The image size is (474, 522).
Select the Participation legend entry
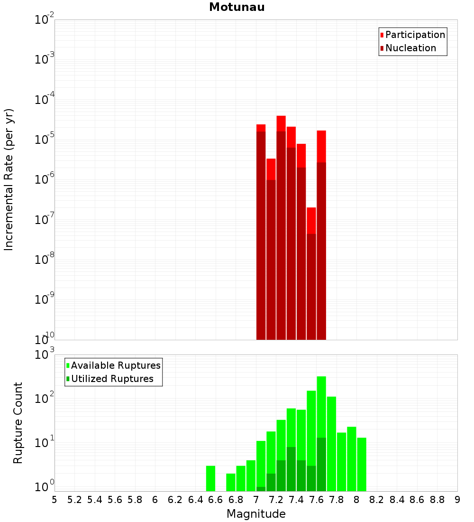415,35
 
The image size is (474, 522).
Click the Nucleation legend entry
410,48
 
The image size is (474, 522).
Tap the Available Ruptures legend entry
116,365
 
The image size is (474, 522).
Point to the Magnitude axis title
256,514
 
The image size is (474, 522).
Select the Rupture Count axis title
18,423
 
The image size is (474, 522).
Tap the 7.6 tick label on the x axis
316,500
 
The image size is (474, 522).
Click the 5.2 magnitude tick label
74,500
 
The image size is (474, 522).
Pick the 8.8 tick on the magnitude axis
437,500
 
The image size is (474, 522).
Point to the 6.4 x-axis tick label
195,500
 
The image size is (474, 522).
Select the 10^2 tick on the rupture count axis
45,398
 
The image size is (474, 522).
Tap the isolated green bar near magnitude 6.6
210,478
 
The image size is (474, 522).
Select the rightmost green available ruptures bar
362,464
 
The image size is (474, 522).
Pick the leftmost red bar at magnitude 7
261,233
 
